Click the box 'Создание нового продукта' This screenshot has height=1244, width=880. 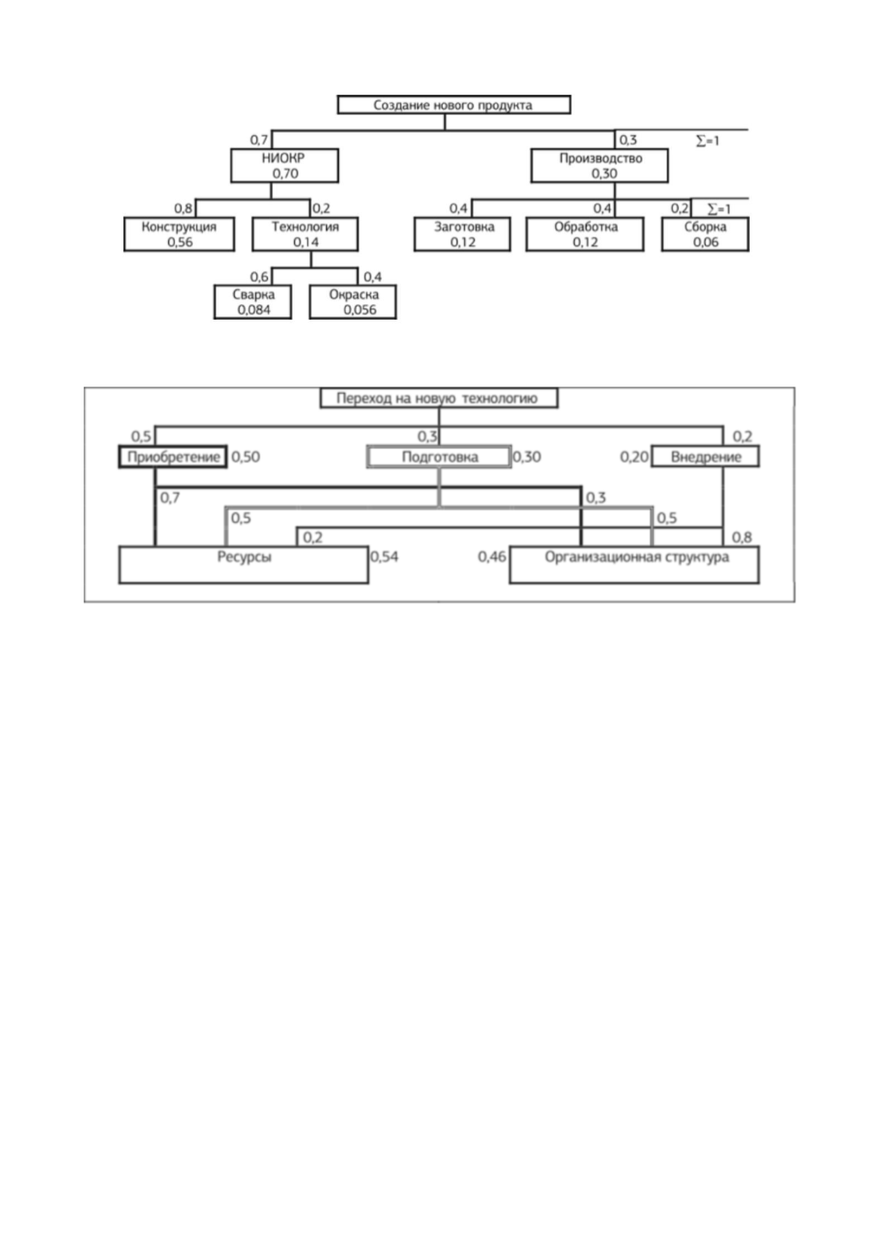(454, 105)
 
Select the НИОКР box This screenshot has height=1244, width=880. (284, 166)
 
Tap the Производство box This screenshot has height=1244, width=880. (599, 166)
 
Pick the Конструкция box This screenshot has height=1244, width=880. (178, 234)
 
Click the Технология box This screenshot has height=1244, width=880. (305, 234)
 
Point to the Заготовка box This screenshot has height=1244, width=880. (462, 234)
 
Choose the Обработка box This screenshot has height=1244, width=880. (585, 234)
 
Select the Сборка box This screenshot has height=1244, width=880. (704, 234)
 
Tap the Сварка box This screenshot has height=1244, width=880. (253, 302)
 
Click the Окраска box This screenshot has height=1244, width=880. (353, 302)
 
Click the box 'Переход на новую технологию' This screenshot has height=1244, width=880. (439, 398)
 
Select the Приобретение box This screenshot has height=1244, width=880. (172, 457)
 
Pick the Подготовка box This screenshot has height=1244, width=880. (439, 457)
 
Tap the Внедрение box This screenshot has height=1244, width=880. (704, 457)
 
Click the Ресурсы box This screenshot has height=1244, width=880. (243, 565)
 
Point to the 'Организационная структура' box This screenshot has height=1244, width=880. (634, 565)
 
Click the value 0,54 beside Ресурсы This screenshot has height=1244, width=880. (384, 556)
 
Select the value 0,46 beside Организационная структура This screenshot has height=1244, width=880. (492, 556)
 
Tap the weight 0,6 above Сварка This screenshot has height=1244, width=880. (260, 277)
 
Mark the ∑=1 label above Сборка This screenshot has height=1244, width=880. (719, 210)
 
